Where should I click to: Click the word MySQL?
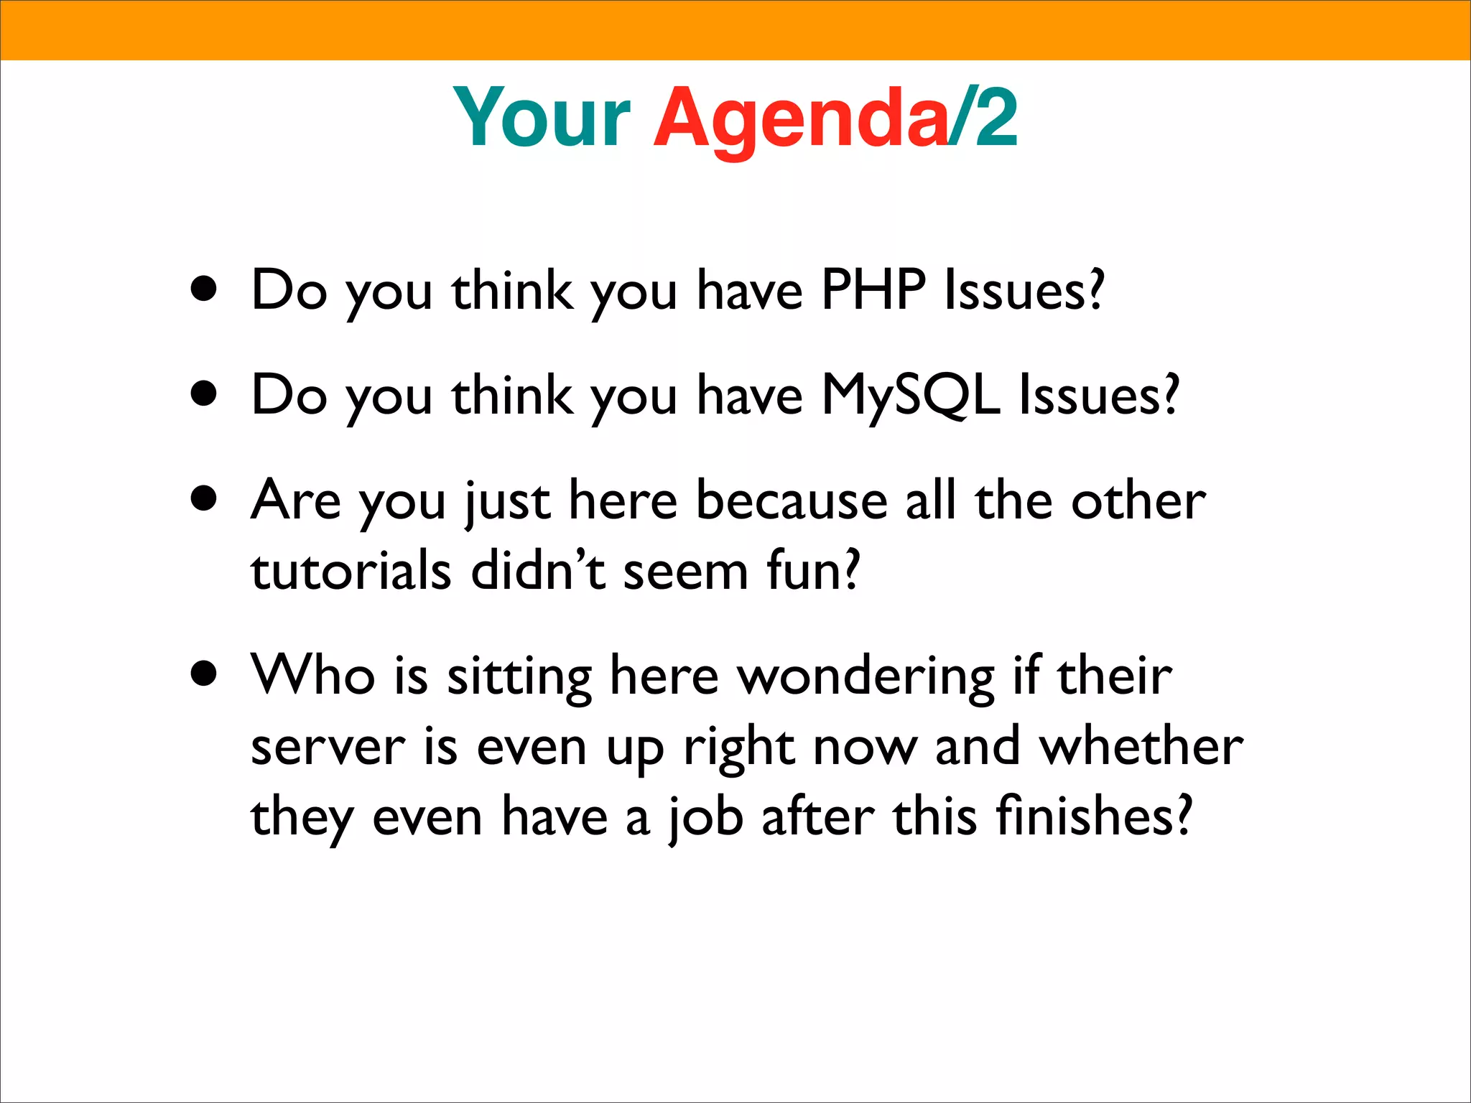tap(910, 395)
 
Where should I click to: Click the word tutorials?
tap(351, 570)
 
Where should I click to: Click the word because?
tap(792, 500)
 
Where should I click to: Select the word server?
tap(328, 747)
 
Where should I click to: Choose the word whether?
tap(1141, 746)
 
